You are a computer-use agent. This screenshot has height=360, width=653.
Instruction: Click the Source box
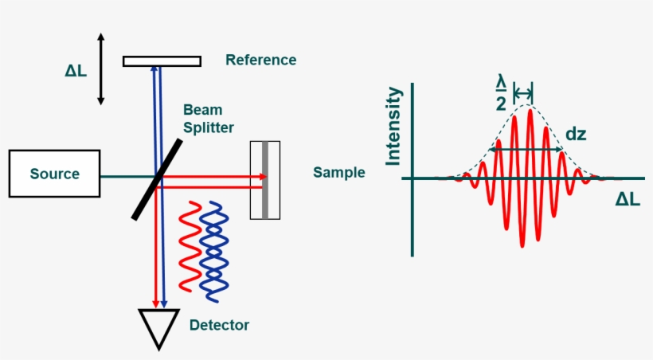(x=55, y=174)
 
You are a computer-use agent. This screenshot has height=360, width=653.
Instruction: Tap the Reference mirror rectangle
(x=162, y=61)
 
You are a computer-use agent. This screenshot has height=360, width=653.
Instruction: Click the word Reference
(x=260, y=60)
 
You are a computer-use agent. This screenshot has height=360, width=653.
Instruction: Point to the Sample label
(x=338, y=172)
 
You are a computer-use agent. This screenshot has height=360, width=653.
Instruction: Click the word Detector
(x=219, y=325)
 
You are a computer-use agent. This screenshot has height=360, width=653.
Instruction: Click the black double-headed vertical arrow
(x=100, y=69)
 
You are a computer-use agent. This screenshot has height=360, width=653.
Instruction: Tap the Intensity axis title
(x=393, y=127)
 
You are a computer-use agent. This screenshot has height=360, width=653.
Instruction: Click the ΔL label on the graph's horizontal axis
(x=627, y=200)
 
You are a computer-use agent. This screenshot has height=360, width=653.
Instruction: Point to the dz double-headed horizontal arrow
(x=526, y=149)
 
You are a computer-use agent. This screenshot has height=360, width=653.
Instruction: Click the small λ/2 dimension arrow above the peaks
(x=523, y=89)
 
